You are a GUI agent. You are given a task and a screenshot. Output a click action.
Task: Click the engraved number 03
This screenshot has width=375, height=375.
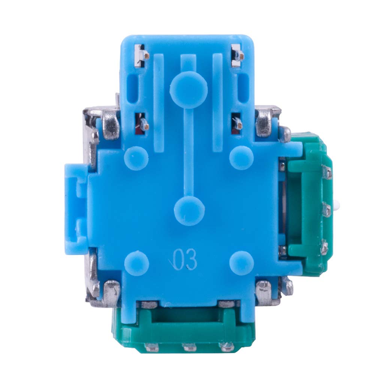pyautogui.click(x=185, y=260)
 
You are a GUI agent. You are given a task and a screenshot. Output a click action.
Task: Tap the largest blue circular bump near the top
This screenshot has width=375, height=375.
pyautogui.click(x=189, y=90)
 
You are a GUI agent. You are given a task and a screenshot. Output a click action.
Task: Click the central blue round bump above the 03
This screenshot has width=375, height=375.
pyautogui.click(x=189, y=211)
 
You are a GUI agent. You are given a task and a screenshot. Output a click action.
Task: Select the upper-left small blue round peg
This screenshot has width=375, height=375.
pyautogui.click(x=136, y=158)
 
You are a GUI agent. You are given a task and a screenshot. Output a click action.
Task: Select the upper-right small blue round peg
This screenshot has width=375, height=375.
pyautogui.click(x=241, y=158)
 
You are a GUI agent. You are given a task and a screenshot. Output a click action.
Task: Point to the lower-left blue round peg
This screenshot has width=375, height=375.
pyautogui.click(x=136, y=263)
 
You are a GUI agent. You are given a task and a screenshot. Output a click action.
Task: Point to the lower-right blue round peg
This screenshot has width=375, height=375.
pyautogui.click(x=241, y=263)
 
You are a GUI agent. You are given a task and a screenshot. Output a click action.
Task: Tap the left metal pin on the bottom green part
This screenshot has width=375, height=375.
pyautogui.click(x=152, y=347)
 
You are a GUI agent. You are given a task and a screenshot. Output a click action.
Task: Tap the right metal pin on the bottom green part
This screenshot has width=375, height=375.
pyautogui.click(x=227, y=347)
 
